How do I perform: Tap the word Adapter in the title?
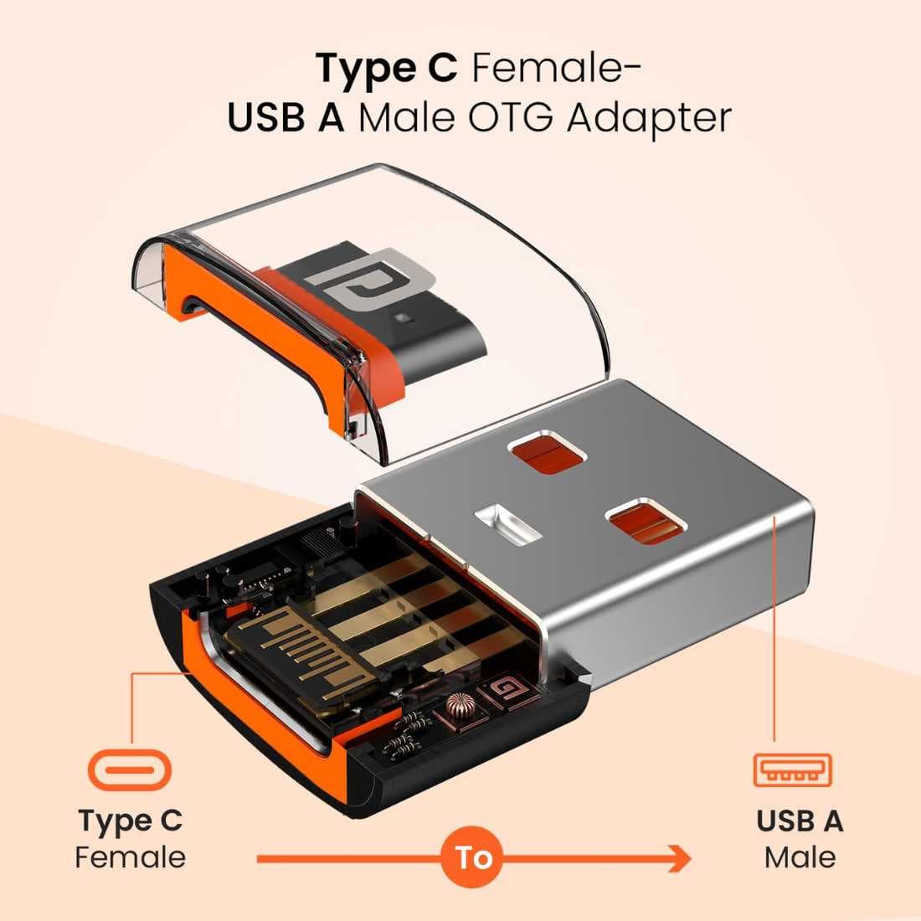pyautogui.click(x=649, y=120)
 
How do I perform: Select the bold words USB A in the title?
pyautogui.click(x=286, y=117)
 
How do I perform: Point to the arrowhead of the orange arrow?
pyautogui.click(x=681, y=859)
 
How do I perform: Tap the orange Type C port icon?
pyautogui.click(x=130, y=770)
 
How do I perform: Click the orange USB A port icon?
pyautogui.click(x=792, y=770)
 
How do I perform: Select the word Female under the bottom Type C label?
pyautogui.click(x=131, y=857)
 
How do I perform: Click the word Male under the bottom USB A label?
pyautogui.click(x=800, y=857)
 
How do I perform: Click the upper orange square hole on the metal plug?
pyautogui.click(x=546, y=456)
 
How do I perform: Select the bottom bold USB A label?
pyautogui.click(x=800, y=821)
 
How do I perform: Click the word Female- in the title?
pyautogui.click(x=556, y=69)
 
